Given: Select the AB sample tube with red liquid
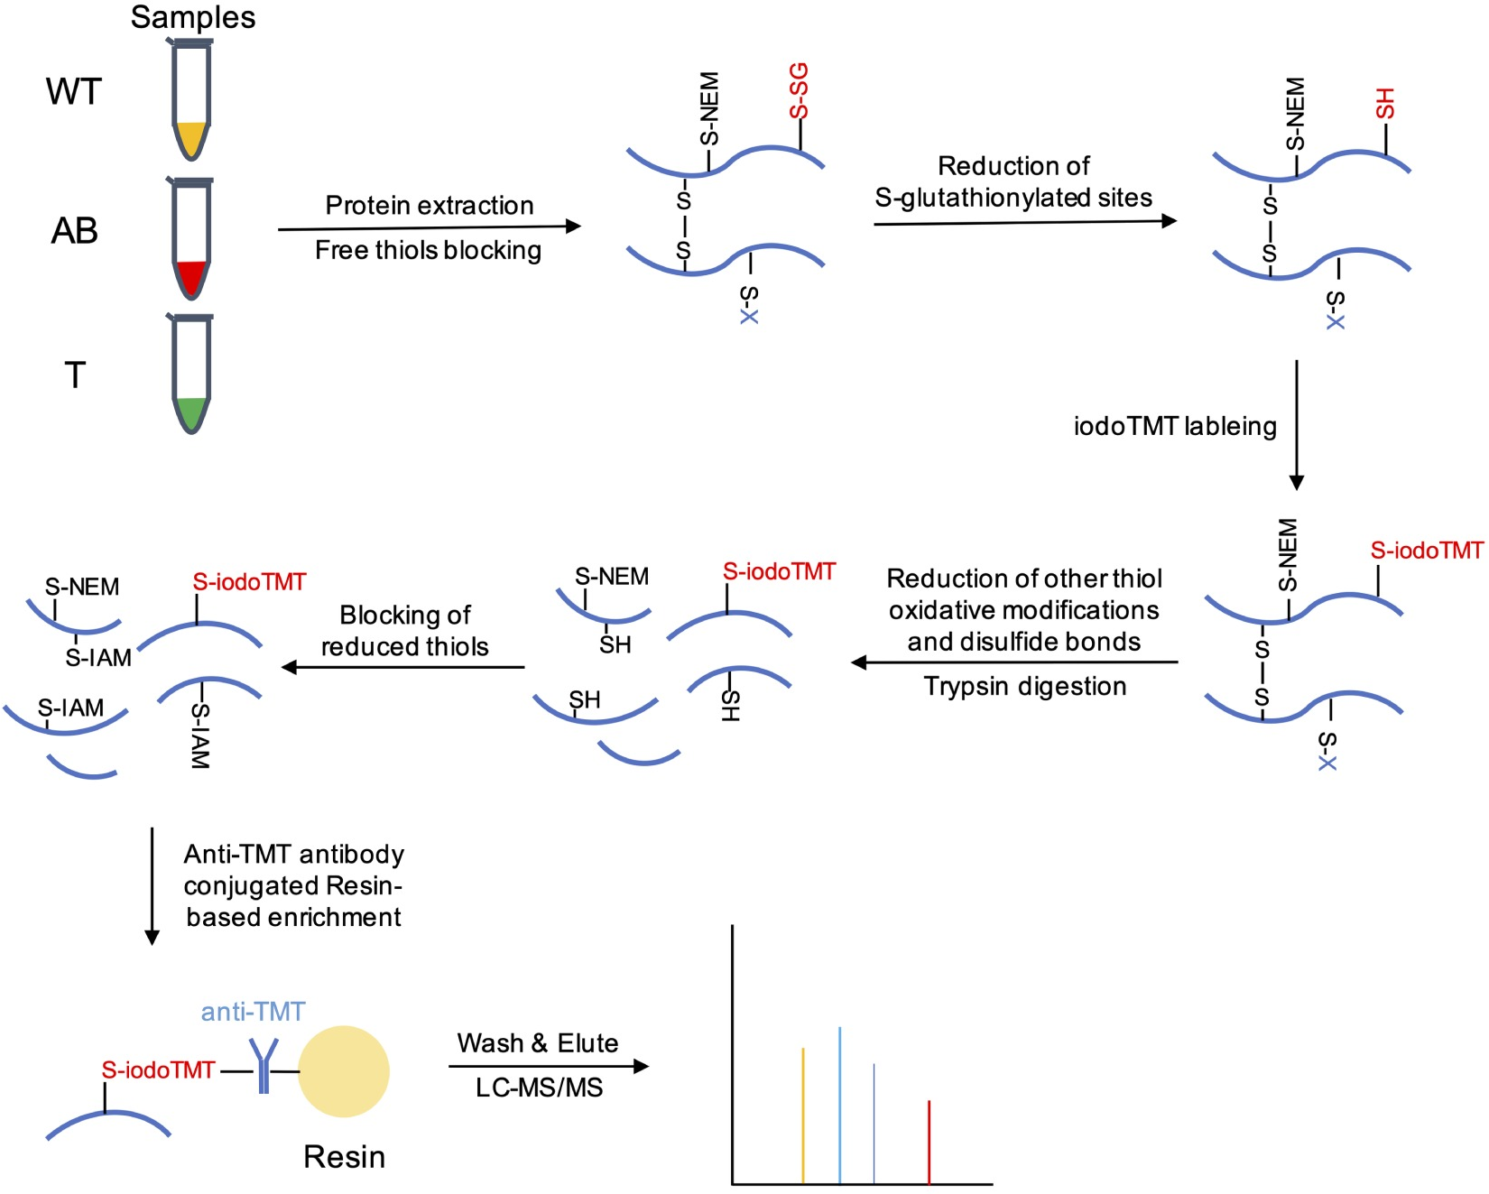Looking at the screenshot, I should [x=191, y=240].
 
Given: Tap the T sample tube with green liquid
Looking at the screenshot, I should [x=191, y=375].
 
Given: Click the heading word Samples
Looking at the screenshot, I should [x=193, y=17].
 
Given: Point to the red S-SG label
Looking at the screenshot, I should [x=799, y=91].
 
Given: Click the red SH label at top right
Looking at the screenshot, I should [x=1385, y=104].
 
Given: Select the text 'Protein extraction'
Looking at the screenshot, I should [x=430, y=206].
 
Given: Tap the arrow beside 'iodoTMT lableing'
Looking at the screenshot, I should [x=1296, y=424].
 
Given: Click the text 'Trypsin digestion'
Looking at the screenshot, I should [x=1025, y=687].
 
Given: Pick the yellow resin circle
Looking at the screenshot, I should [x=344, y=1071].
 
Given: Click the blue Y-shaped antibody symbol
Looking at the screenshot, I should [x=264, y=1065].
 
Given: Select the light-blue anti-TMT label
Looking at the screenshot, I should [x=253, y=1012].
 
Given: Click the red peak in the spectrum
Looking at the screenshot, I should [x=929, y=1142].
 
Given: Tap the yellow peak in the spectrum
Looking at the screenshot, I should [x=802, y=1115].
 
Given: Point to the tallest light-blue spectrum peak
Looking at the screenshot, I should [x=839, y=1105].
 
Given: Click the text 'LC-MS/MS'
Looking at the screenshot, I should [x=540, y=1088].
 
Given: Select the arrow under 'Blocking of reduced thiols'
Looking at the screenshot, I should [x=402, y=668].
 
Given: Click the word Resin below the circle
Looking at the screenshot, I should [x=344, y=1157].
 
